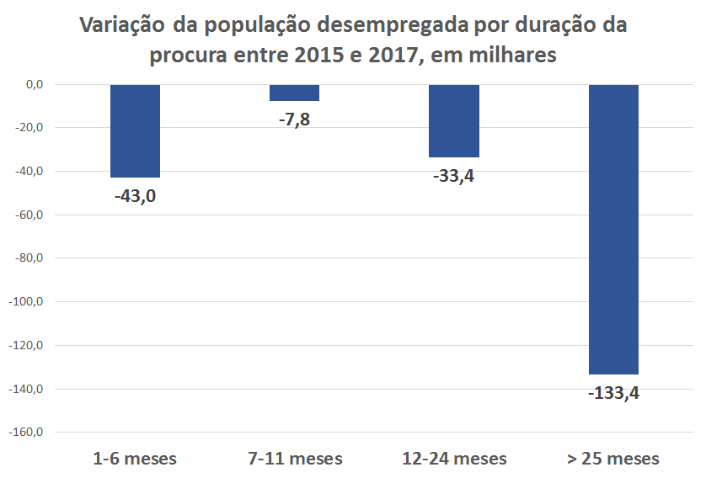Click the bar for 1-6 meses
coord(135,130)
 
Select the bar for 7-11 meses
coord(294,93)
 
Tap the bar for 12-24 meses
coord(454,120)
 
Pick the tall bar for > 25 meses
coord(613,229)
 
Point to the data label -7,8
coord(294,119)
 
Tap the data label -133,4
coord(613,392)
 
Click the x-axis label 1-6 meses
coord(135,459)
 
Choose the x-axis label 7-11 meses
coord(295,459)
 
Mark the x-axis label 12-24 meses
coord(454,459)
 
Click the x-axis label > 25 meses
coord(613,459)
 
